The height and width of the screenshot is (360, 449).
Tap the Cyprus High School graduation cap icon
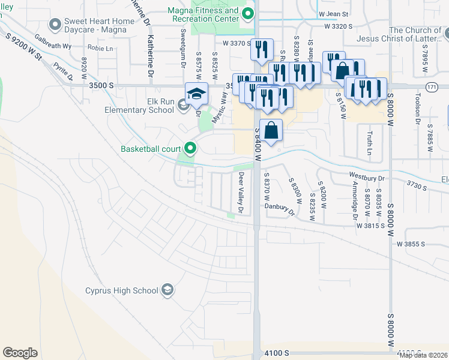[x=169, y=290]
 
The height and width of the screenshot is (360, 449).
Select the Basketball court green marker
[x=191, y=148]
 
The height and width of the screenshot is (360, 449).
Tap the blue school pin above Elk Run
[x=196, y=94]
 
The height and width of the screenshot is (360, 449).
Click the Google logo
[x=20, y=353]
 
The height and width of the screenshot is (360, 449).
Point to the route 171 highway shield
[x=431, y=88]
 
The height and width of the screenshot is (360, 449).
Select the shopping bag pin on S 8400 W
[x=271, y=130]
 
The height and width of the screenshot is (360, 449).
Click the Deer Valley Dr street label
[x=241, y=193]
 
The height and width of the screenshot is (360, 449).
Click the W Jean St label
[x=334, y=13]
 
